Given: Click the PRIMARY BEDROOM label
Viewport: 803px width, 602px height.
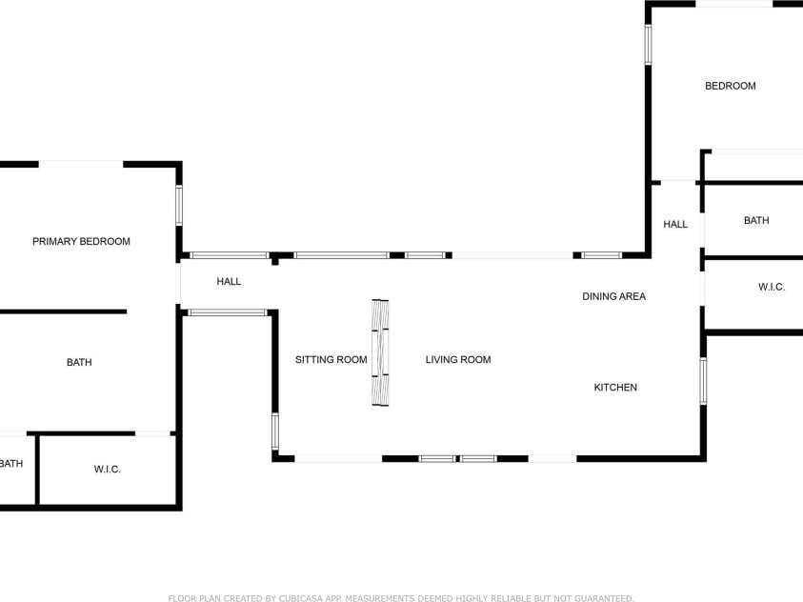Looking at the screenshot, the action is click(81, 241).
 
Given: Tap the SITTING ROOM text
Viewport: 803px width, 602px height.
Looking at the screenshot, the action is click(331, 360).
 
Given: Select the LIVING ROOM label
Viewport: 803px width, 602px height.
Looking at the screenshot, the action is click(458, 360).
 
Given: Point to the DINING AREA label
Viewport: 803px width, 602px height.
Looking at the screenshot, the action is click(613, 296).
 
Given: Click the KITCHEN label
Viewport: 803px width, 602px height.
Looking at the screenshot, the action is click(615, 388).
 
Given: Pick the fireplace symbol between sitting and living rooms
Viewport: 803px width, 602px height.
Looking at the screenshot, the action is click(380, 352).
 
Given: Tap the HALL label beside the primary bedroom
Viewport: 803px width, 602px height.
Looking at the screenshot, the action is click(229, 282).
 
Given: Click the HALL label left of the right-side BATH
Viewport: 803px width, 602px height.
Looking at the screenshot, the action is click(675, 224).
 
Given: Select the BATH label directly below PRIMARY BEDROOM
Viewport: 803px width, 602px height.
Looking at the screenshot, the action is click(79, 362).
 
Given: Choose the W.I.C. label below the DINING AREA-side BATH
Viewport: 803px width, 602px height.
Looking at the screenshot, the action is click(772, 287).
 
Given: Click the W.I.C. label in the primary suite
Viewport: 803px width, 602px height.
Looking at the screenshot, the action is click(107, 470).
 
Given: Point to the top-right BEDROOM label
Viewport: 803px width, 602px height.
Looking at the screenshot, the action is click(731, 86).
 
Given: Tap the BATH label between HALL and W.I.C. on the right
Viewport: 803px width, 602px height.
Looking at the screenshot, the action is click(756, 221).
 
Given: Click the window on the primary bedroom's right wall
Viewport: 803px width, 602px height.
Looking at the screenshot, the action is click(179, 206).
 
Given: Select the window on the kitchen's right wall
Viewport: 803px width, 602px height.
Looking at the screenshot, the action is click(703, 381).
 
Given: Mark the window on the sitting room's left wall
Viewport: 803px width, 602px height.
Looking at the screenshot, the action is click(275, 431).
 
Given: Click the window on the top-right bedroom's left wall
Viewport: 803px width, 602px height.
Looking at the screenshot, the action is click(648, 45).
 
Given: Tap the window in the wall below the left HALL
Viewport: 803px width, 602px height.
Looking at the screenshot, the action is click(228, 312).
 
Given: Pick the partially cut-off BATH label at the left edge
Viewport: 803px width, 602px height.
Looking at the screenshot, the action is click(11, 464).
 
